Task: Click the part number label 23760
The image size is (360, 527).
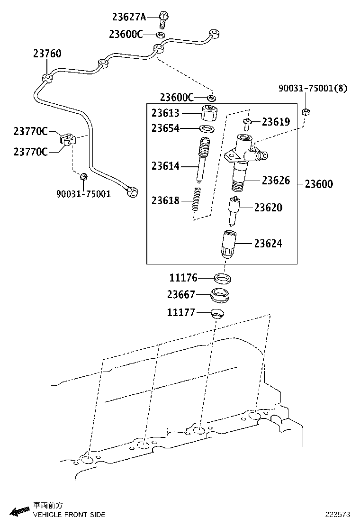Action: click(x=47, y=54)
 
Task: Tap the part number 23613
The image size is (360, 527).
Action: click(x=165, y=113)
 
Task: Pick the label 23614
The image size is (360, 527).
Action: click(x=165, y=166)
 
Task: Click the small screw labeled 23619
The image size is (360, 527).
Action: click(x=247, y=124)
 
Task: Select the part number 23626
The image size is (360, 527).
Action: click(x=276, y=180)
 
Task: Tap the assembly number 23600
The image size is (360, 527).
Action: click(x=319, y=184)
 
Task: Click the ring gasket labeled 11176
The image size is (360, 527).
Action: click(x=221, y=278)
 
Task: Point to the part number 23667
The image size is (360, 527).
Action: click(x=181, y=295)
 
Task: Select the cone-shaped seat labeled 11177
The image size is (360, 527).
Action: click(x=217, y=313)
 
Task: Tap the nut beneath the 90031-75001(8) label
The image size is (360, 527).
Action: click(x=306, y=112)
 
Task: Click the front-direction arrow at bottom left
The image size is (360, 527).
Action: click(x=20, y=511)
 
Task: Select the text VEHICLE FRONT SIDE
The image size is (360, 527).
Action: click(x=69, y=514)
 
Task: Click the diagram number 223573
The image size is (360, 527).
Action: click(x=337, y=514)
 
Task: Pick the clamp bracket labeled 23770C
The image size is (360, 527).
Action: click(x=67, y=138)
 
